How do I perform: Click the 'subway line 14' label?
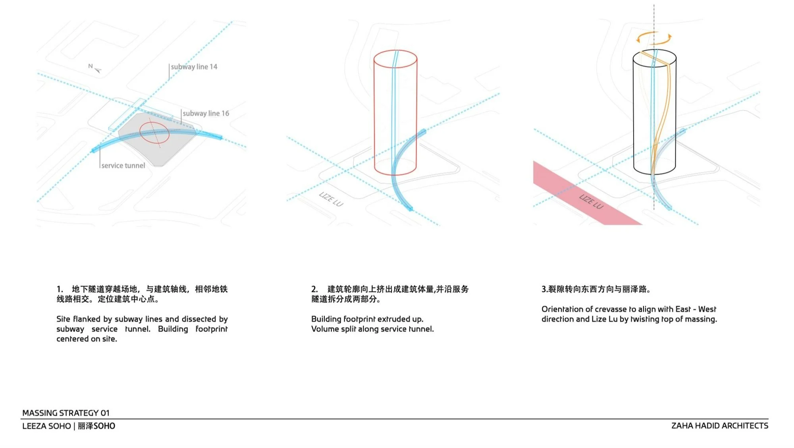point(194,67)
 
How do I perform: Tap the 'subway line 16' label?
point(206,113)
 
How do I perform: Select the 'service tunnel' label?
point(123,166)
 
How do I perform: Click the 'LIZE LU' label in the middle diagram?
point(331,199)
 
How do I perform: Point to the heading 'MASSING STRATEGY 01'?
point(66,413)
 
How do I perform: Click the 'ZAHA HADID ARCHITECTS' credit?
point(719,426)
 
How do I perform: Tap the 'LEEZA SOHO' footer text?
point(46,426)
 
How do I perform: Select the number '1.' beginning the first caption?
point(60,289)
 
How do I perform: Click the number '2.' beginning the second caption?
point(314,289)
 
